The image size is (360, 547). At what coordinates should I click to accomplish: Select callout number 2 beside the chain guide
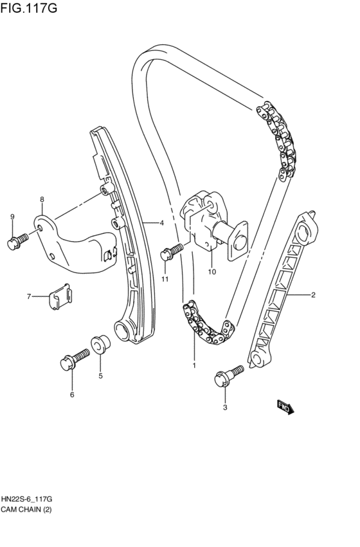tap(313, 295)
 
